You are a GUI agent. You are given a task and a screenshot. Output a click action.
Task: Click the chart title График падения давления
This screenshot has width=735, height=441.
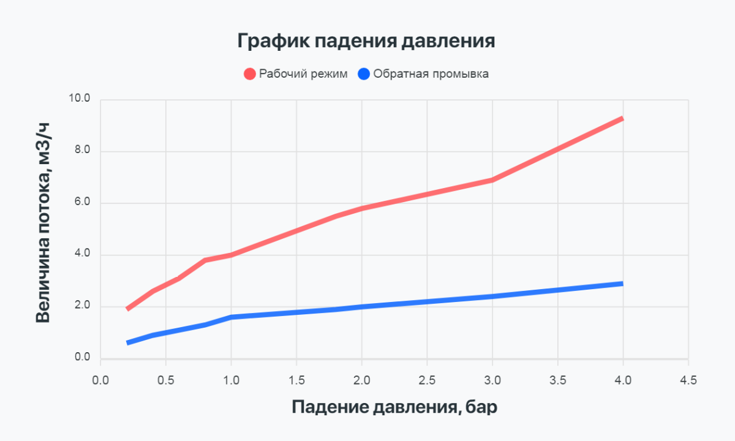pos(366,42)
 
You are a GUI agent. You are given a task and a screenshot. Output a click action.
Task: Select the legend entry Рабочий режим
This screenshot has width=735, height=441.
pos(303,74)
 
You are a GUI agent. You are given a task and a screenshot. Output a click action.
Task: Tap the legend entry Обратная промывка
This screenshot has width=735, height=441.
pos(431,74)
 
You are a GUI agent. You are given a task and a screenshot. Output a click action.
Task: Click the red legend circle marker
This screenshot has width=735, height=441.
pos(249,74)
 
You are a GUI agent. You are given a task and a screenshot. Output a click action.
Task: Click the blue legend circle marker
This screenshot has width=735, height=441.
pos(364,74)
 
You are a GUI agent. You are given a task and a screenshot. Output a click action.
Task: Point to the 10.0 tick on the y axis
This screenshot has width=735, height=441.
pos(79,99)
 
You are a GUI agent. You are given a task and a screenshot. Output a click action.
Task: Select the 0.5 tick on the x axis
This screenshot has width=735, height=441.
pos(165,380)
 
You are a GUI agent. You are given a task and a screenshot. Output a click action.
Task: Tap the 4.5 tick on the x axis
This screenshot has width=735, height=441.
pos(688,380)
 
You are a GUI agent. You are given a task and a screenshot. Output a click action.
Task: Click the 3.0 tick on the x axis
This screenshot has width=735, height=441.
pos(492,380)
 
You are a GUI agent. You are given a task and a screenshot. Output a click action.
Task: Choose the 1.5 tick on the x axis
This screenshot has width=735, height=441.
pos(296,380)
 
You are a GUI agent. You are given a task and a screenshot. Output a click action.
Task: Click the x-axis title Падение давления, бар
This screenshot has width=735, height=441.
pos(394,407)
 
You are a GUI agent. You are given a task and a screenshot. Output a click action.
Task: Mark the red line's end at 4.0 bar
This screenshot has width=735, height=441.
pos(622,118)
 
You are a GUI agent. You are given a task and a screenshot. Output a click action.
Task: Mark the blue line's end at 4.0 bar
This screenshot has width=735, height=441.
pos(622,284)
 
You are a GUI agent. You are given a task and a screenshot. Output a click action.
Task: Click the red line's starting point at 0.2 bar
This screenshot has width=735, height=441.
pos(127,309)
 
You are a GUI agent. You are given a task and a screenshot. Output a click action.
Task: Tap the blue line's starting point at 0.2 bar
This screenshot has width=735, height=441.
pos(127,343)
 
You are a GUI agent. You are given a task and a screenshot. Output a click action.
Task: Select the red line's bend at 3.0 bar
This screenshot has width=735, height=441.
pos(492,179)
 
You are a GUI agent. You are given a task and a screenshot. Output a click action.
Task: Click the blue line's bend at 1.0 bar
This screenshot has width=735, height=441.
pos(231,317)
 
